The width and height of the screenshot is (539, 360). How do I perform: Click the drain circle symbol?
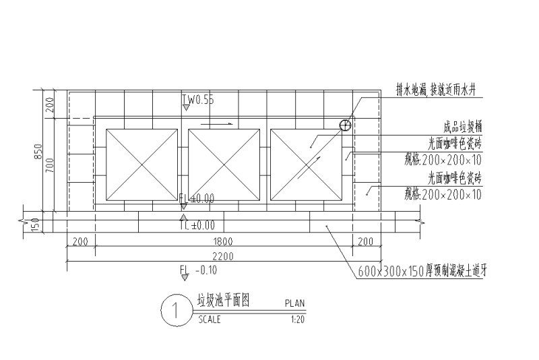click(345, 125)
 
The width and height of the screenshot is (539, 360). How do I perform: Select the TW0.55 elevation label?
click(199, 100)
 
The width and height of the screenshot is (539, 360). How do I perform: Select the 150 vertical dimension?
click(36, 222)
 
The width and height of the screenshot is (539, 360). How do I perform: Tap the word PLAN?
click(295, 304)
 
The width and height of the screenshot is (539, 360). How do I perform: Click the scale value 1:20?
click(296, 320)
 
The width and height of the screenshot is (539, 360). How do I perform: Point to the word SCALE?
click(209, 320)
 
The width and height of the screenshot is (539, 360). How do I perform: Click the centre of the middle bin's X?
click(224, 164)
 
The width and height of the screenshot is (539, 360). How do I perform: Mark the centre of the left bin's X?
click(141, 164)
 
